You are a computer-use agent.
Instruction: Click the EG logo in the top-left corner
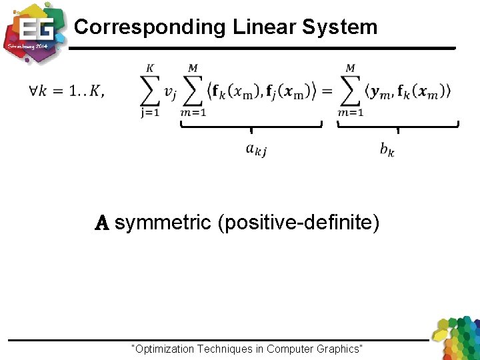click(x=33, y=31)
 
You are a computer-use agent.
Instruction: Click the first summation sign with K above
click(x=151, y=89)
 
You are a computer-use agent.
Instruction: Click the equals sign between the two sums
click(x=327, y=91)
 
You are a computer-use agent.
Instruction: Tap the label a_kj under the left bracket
click(x=256, y=150)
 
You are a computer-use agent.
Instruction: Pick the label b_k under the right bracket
click(x=387, y=150)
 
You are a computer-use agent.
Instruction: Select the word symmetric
click(x=163, y=223)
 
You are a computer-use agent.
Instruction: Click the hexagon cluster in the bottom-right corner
click(x=456, y=339)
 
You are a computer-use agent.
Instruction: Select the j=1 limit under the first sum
click(x=151, y=112)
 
